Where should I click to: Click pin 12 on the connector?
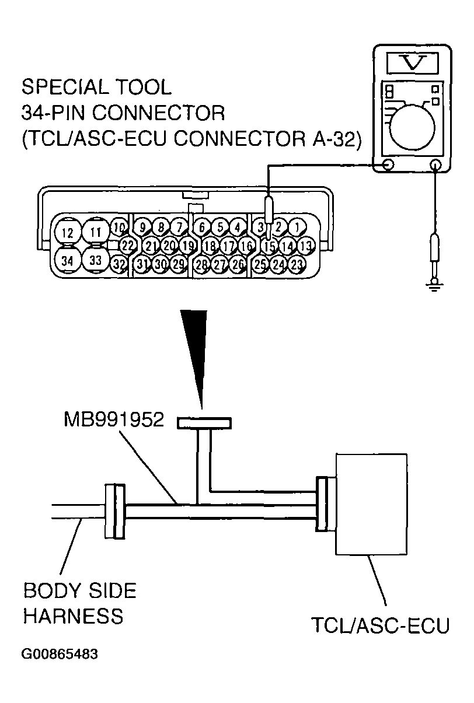(68, 233)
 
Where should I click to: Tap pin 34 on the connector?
(68, 260)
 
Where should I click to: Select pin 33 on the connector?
(96, 260)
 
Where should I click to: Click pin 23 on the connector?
(297, 264)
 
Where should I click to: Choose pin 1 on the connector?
(297, 226)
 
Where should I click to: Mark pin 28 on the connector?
(202, 264)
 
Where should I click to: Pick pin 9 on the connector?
(142, 226)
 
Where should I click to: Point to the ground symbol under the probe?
(434, 285)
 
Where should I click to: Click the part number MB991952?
(114, 420)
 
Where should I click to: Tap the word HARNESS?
(73, 616)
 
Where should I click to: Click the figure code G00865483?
(60, 653)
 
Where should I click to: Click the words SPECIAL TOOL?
(96, 88)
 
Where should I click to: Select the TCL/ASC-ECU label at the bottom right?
(380, 625)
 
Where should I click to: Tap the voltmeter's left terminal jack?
(387, 166)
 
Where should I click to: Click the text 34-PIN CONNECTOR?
(123, 113)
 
